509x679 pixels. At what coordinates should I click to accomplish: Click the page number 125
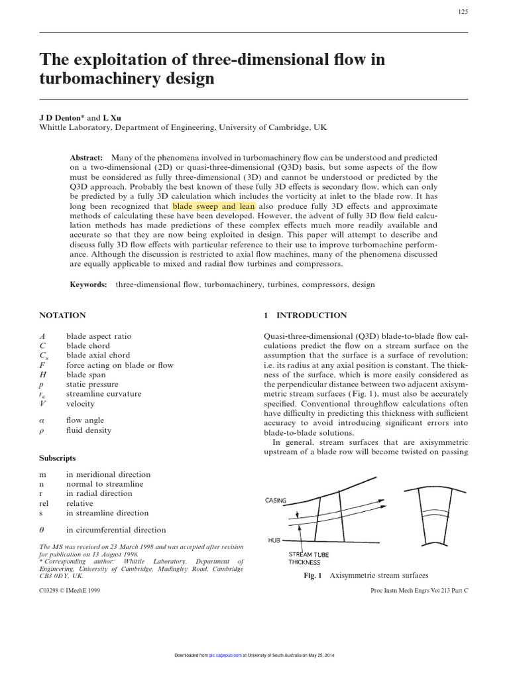coord(463,13)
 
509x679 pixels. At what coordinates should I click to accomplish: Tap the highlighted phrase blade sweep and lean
coord(213,206)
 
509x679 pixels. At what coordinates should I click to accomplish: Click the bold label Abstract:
coord(86,158)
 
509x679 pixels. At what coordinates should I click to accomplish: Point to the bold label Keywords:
coord(89,284)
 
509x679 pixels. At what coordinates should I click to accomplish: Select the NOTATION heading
coord(62,316)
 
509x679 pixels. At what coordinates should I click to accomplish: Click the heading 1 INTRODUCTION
coord(305,316)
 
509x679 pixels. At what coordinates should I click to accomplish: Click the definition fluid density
coord(89,430)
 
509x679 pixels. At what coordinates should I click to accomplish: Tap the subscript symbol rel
coord(46,503)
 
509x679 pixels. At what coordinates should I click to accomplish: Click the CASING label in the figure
coord(276,501)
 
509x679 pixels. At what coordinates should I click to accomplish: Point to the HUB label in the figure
coord(274,540)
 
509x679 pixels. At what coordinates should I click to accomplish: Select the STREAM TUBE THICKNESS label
coord(308,558)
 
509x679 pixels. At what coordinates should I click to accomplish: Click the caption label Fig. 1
coord(312,576)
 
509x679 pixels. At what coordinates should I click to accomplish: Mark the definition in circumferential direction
coord(116,530)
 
